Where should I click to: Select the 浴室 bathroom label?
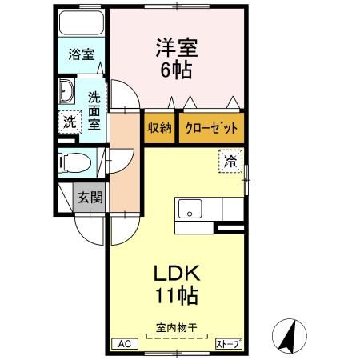tap(80, 55)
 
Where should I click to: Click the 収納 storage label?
tap(159, 127)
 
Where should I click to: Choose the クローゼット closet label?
tap(210, 127)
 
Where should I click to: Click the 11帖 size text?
tap(177, 297)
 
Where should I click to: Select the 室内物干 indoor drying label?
tap(177, 328)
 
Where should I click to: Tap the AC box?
tap(124, 344)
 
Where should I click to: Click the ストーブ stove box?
tap(228, 344)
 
